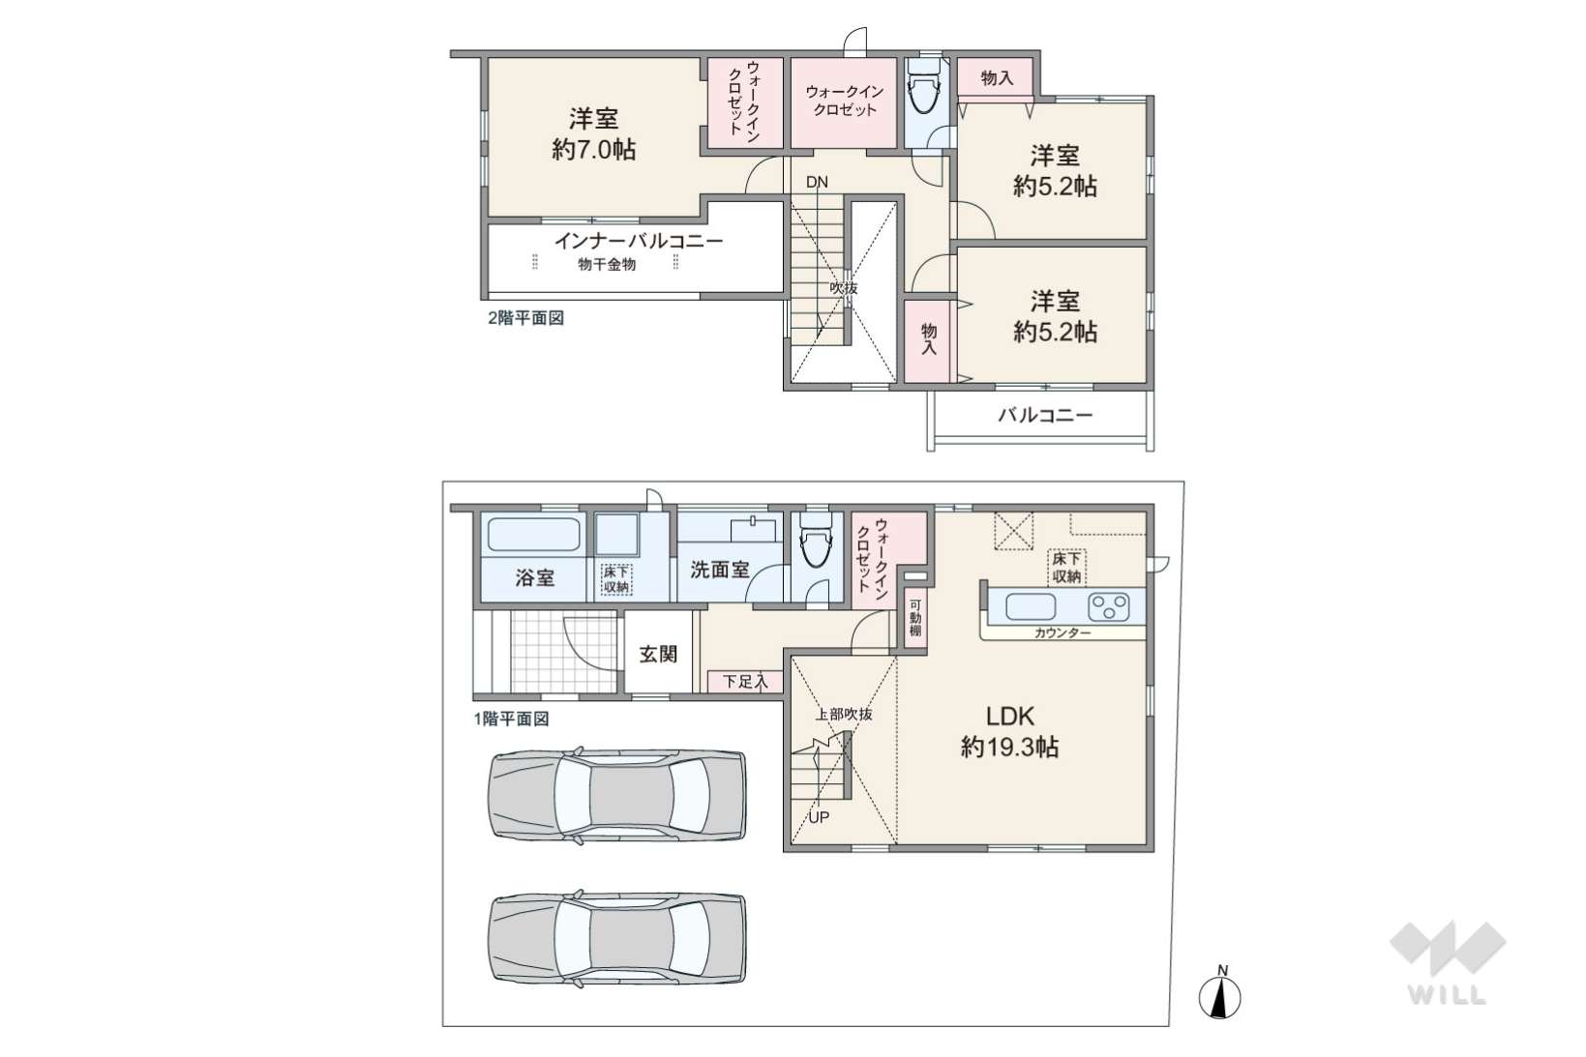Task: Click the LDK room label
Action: coord(1010,716)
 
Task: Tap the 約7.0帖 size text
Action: coord(593,149)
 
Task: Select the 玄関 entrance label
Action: coord(658,654)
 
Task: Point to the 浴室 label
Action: coord(534,577)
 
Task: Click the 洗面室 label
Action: coord(719,569)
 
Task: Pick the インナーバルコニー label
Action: coord(638,241)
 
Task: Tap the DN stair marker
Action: coord(817,182)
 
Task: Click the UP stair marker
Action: coord(819,817)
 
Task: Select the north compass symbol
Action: coord(1219,993)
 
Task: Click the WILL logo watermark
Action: coord(1448,963)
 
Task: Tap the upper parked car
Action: coord(616,795)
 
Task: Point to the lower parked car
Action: coord(616,938)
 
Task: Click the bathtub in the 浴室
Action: coord(534,534)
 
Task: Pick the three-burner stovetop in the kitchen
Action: coord(1108,606)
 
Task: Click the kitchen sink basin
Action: coord(1031,606)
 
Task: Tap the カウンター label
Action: coord(1062,633)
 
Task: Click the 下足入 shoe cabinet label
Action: coord(745,682)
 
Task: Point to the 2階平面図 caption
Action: coord(526,318)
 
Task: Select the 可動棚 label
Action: coord(915,618)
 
